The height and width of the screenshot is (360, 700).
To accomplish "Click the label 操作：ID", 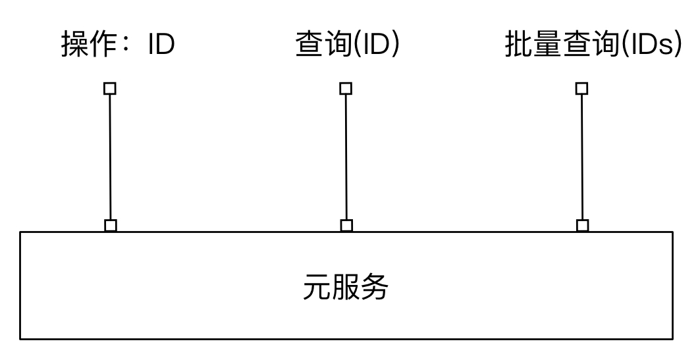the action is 118,45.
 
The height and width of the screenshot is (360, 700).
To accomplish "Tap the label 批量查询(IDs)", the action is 592,45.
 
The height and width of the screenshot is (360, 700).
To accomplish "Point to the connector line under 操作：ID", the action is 111,157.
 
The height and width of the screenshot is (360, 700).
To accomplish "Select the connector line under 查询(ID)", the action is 346,157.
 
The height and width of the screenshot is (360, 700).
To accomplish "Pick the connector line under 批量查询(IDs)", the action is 582,157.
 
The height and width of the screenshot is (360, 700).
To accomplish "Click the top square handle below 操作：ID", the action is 110,88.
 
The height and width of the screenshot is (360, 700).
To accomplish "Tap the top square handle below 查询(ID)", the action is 346,88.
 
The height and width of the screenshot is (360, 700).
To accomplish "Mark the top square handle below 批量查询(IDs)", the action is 581,88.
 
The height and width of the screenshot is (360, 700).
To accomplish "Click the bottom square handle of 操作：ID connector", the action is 111,225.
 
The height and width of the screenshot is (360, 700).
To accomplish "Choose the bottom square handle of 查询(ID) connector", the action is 346,225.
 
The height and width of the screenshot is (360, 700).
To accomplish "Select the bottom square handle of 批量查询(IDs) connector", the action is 582,225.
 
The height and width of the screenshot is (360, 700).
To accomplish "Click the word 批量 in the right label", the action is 532,45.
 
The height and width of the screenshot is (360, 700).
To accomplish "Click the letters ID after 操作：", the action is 161,45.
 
